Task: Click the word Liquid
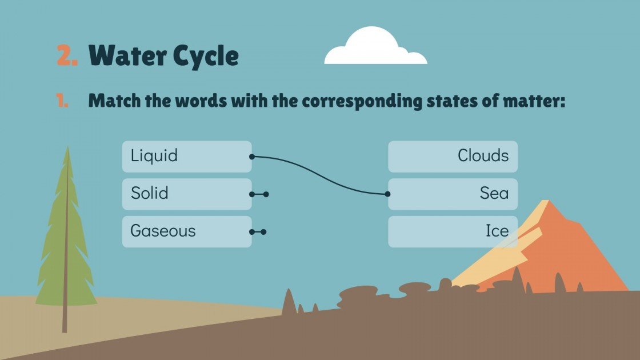[154, 155]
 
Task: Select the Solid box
[186, 194]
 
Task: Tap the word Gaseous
[163, 231]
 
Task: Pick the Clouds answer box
[453, 156]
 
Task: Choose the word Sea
[494, 193]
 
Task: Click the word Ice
[497, 231]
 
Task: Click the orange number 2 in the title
[66, 56]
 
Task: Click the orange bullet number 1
[62, 101]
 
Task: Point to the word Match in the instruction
[114, 101]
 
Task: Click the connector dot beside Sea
[388, 194]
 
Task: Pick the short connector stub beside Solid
[259, 194]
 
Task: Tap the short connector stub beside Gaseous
[258, 232]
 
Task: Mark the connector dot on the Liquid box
[251, 156]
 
